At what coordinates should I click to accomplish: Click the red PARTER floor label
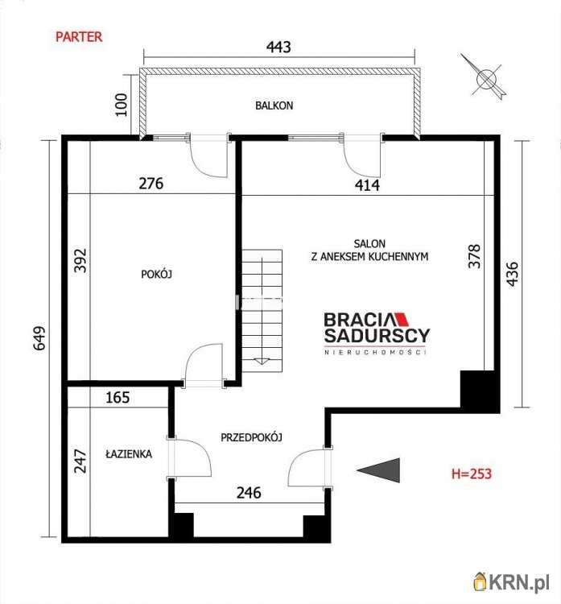click(79, 37)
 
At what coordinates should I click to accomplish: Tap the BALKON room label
click(274, 105)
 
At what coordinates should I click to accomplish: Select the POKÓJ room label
click(156, 275)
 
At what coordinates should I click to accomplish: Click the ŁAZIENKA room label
click(129, 454)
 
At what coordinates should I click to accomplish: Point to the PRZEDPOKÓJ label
click(251, 437)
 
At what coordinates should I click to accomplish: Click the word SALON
click(369, 243)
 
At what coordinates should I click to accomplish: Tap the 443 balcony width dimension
click(278, 47)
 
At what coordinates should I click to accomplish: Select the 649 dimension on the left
click(39, 338)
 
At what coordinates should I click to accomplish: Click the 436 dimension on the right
click(512, 274)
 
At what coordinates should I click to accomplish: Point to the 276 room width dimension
click(151, 184)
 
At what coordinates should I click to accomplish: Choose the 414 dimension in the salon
click(367, 185)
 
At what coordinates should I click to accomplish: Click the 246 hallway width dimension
click(249, 493)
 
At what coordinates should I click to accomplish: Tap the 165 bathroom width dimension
click(118, 398)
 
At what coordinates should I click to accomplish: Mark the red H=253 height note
click(472, 474)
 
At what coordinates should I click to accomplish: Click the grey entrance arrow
click(378, 470)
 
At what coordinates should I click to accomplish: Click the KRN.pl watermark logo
click(512, 583)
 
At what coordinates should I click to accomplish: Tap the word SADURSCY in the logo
click(377, 336)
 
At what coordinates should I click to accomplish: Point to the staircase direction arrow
click(262, 362)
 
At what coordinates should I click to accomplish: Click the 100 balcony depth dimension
click(122, 105)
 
